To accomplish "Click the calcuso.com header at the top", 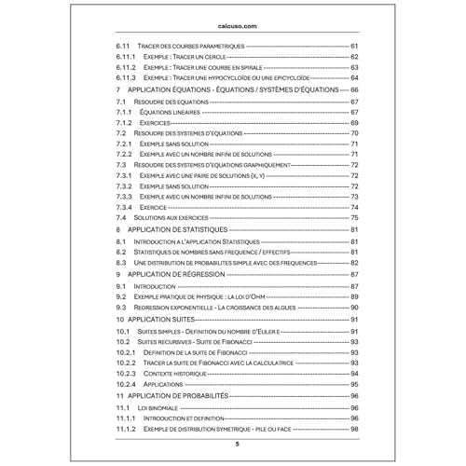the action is tap(233, 28).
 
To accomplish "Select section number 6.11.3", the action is tap(126, 77).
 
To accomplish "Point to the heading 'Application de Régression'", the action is tap(176, 274).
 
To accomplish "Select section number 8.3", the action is tap(121, 263).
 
